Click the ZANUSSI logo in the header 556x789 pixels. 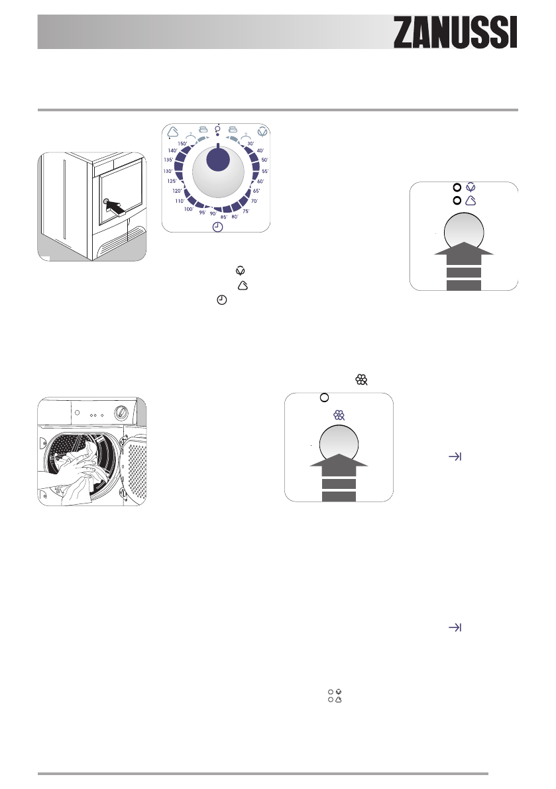pyautogui.click(x=455, y=32)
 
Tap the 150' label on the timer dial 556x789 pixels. pyautogui.click(x=182, y=142)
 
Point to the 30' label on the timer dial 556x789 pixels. pyautogui.click(x=250, y=143)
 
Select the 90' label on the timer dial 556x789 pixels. pyautogui.click(x=213, y=214)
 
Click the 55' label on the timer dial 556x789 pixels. pyautogui.click(x=264, y=171)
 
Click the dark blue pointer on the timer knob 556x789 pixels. pyautogui.click(x=217, y=161)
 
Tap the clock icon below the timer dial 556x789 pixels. pyautogui.click(x=218, y=227)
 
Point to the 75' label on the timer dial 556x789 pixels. pyautogui.click(x=247, y=210)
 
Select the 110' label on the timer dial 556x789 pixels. pyautogui.click(x=179, y=201)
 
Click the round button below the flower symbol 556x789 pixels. pyautogui.click(x=339, y=445)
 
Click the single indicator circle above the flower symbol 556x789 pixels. pyautogui.click(x=324, y=397)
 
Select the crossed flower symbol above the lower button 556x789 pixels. pyautogui.click(x=339, y=415)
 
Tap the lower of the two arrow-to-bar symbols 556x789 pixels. pyautogui.click(x=455, y=627)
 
